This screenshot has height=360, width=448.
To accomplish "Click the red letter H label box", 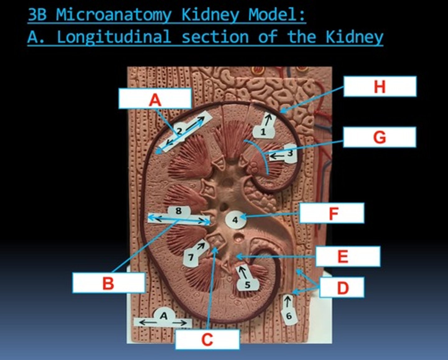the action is [x=380, y=86].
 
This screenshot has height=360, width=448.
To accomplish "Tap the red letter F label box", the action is [x=332, y=213].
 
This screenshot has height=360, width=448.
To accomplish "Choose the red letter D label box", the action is [x=342, y=287].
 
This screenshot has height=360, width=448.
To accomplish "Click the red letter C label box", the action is [x=207, y=339].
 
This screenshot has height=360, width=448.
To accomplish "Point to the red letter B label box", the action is [x=109, y=283].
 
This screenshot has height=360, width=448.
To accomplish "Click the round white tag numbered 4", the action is [x=235, y=220].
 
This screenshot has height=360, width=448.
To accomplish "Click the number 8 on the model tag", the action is [x=178, y=211].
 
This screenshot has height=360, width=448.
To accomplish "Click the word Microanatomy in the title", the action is [x=114, y=15].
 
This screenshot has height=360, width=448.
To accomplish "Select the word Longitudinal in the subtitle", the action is [x=114, y=37].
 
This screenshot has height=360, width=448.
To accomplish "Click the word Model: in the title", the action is [x=277, y=15].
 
